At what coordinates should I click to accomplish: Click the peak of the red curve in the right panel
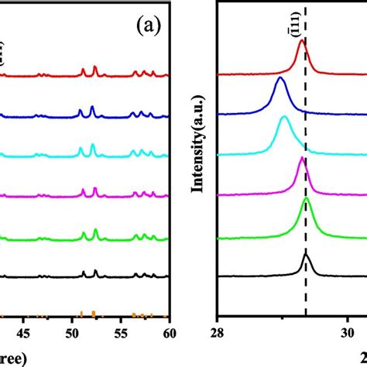tap(302, 43)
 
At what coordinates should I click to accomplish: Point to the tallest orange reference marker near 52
tap(93, 313)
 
